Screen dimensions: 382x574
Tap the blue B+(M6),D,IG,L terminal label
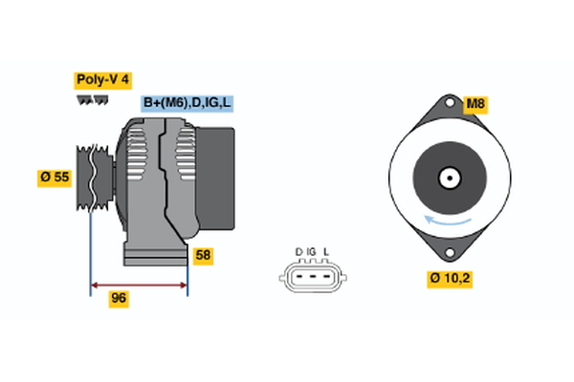point(188,103)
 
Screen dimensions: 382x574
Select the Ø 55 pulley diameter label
point(55,177)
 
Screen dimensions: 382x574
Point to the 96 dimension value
point(119,298)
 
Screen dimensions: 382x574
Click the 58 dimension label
point(203,255)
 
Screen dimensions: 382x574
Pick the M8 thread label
point(475,103)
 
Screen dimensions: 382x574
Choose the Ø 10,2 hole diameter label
point(450,279)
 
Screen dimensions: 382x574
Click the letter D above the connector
point(298,252)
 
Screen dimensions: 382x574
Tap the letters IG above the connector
point(312,252)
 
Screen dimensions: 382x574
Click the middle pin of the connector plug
point(312,279)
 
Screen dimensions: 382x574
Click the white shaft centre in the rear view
point(448,178)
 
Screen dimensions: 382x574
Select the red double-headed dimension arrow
point(138,284)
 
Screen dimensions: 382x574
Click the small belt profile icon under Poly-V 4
point(92,99)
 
